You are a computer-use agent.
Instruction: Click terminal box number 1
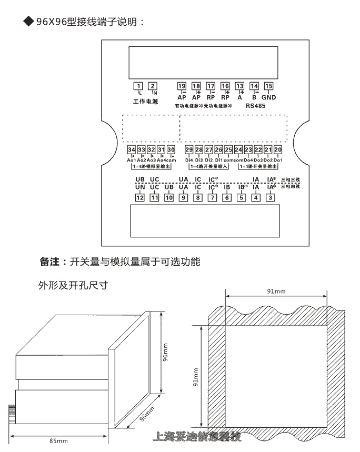coord(138,86)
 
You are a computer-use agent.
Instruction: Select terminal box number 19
coord(182,86)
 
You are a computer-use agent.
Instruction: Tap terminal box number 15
coord(268,86)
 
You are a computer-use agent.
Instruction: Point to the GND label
coord(269,97)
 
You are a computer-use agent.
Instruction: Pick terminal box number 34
coord(132,150)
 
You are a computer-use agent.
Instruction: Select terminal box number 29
coord(189,150)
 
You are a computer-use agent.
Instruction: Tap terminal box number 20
coord(278,150)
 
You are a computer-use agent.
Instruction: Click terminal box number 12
coord(139,198)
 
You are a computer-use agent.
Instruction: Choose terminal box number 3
coord(270,198)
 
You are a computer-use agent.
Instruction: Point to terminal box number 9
coord(183,198)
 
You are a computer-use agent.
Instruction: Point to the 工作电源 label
coord(145,101)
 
